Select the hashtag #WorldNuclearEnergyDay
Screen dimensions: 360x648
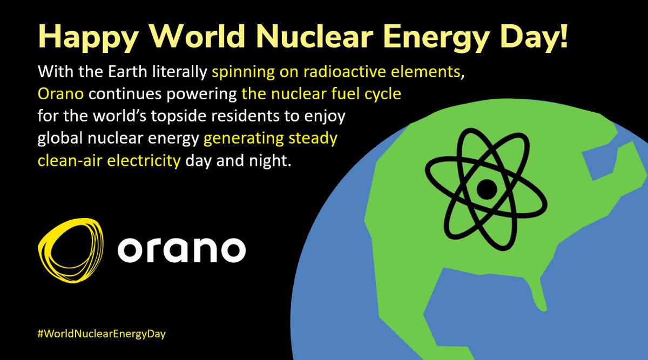[x=102, y=334]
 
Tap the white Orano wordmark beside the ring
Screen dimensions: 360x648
[x=181, y=250]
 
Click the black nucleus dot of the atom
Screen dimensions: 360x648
[x=488, y=189]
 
